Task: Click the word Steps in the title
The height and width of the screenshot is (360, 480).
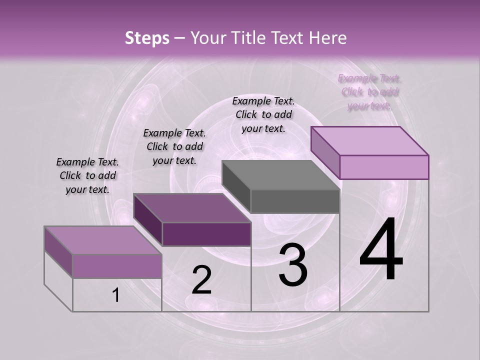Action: click(147, 38)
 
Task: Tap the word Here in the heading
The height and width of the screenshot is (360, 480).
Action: click(328, 38)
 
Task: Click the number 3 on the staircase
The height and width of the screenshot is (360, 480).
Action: click(293, 265)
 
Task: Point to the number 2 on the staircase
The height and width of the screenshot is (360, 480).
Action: click(201, 280)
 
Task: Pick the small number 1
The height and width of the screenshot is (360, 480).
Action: click(116, 295)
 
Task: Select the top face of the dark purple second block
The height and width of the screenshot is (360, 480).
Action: click(192, 208)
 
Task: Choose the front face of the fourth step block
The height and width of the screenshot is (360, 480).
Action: click(384, 167)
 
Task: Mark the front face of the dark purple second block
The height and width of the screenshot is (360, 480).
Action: click(206, 234)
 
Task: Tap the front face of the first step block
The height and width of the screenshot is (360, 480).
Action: click(117, 266)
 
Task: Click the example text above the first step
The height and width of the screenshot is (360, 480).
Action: click(87, 175)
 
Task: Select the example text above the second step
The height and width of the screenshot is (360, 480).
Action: click(174, 146)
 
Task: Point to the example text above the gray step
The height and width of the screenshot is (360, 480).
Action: click(263, 114)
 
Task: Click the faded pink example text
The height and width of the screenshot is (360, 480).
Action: click(369, 92)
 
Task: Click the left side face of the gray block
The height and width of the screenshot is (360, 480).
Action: click(236, 187)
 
